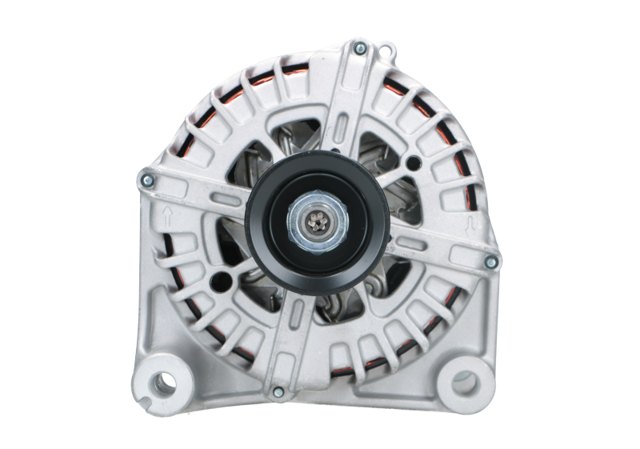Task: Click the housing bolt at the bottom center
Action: tap(278, 391)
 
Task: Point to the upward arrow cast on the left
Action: tap(166, 215)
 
